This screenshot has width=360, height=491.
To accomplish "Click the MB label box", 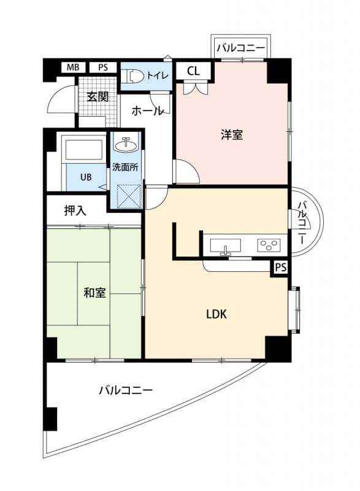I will [74, 68].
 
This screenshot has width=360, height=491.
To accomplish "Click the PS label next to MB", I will [103, 68].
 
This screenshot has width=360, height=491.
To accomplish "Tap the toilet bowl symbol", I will [133, 76].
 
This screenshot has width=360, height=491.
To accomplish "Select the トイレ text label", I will [156, 76].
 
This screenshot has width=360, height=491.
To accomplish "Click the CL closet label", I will [193, 71].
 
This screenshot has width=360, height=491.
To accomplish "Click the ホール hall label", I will [147, 111].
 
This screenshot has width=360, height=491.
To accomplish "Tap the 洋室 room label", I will [232, 135].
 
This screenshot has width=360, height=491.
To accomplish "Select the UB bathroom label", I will [86, 177].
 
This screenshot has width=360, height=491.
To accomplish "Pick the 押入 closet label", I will [75, 211].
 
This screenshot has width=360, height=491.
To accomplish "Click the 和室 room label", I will [94, 292].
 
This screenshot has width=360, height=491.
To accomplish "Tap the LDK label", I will [216, 314].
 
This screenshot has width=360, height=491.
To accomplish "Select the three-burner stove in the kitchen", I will [267, 245].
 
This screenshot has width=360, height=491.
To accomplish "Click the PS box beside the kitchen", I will [280, 268].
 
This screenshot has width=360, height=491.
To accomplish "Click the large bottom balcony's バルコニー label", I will [125, 390].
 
